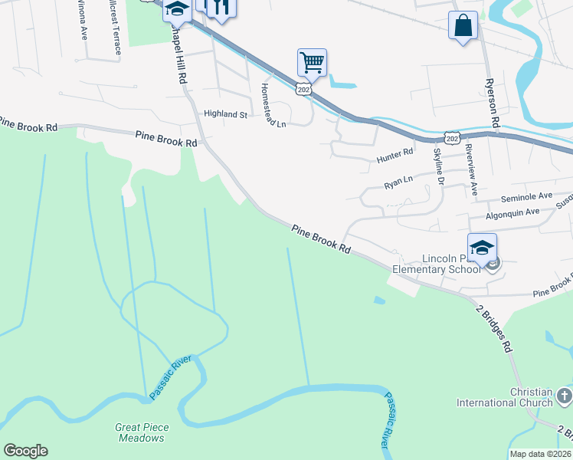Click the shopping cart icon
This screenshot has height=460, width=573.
coord(312,62)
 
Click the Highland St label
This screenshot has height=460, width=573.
coord(225,114)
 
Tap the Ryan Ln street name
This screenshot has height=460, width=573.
coord(398,182)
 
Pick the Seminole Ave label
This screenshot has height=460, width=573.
coord(526,196)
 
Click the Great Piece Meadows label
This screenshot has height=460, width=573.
coord(142,432)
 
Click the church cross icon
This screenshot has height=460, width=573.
coord(564,396)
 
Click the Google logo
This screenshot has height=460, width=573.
coord(25,451)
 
